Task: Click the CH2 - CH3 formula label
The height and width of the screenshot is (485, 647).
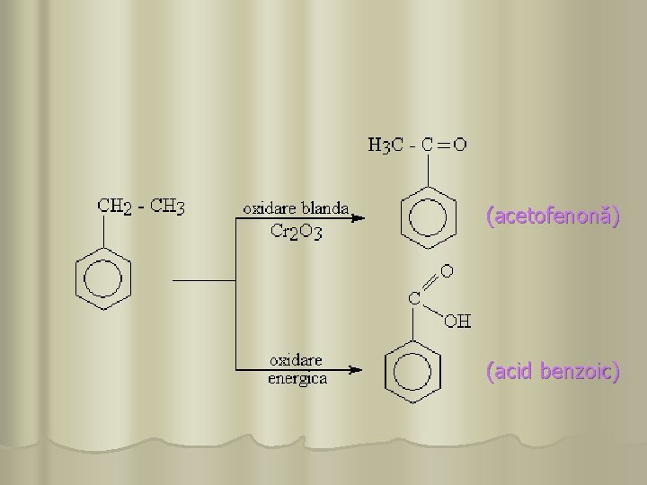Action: [141, 206]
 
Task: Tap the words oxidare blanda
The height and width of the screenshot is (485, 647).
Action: [297, 207]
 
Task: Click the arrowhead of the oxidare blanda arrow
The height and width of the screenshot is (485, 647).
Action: [359, 217]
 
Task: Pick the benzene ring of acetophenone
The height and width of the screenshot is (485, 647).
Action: [422, 219]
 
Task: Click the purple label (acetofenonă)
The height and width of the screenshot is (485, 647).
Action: [552, 217]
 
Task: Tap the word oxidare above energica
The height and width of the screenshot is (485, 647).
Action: [297, 361]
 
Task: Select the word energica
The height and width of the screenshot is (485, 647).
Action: [298, 378]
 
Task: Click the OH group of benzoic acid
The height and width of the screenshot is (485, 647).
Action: [459, 321]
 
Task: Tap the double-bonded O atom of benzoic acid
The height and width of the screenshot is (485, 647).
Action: [447, 269]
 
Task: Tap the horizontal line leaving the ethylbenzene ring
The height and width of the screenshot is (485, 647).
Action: [203, 280]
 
